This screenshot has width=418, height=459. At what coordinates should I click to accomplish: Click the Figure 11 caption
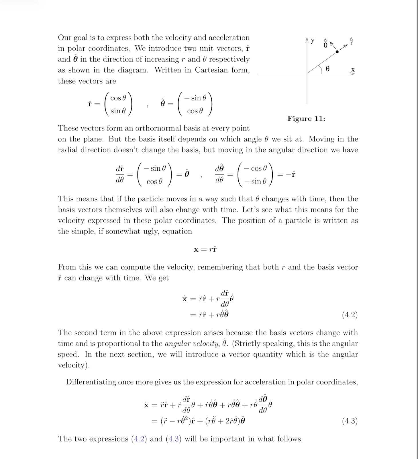pos(306,118)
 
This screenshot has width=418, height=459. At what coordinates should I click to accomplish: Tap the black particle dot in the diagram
pos(337,52)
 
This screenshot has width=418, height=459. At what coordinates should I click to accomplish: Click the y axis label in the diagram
pos(313,41)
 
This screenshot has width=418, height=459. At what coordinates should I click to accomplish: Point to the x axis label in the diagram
pos(353,70)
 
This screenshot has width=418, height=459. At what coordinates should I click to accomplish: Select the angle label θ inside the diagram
pos(328,69)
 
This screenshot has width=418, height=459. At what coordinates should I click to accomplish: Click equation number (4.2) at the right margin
pos(350,315)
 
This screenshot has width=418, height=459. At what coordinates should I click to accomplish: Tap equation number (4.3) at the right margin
pos(350,421)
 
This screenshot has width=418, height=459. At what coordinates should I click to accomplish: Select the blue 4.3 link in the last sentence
pos(174,439)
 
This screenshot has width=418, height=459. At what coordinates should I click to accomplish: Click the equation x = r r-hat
pos(205,249)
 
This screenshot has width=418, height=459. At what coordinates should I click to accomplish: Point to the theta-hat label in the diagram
pos(325,44)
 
